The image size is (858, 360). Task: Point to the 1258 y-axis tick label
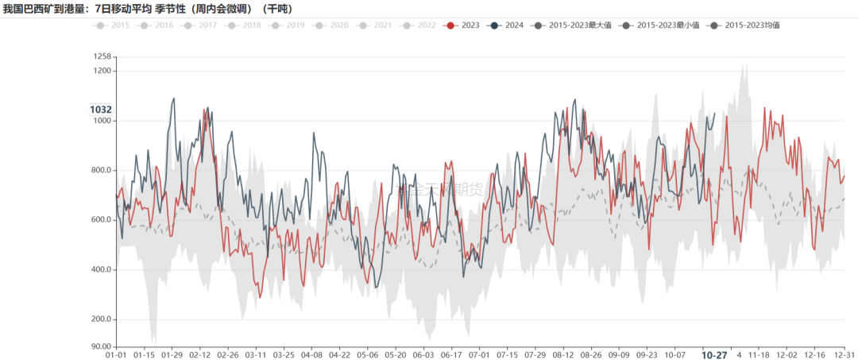pos(102,56)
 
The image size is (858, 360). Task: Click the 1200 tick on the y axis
pos(102,71)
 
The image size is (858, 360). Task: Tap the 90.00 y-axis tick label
pos(100,346)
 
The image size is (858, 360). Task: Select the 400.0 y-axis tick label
pos(101,270)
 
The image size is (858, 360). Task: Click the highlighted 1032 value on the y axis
pos(101,110)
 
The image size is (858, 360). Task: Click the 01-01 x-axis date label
pos(117,355)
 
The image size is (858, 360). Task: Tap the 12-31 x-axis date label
pos(844,355)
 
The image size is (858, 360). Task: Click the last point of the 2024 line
pos(715,113)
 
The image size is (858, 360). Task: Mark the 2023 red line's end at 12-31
pos(844,176)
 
